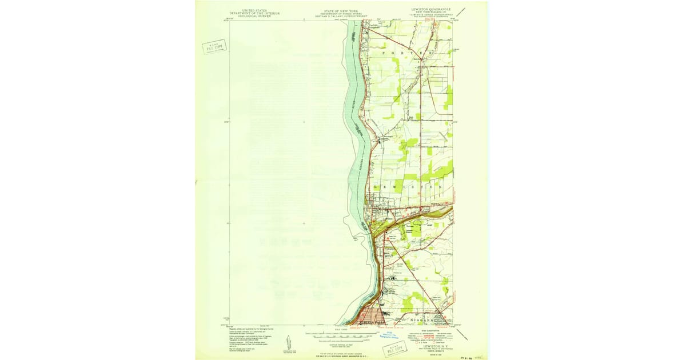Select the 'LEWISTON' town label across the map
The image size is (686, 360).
pyautogui.click(x=408, y=187)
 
